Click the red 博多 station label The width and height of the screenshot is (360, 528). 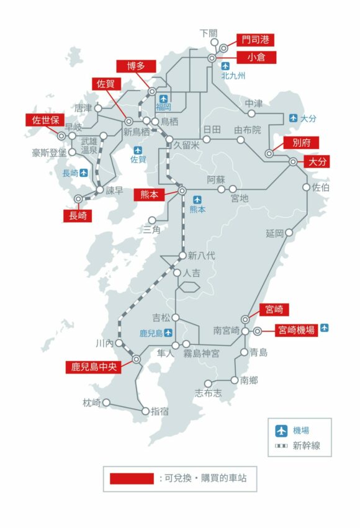click(x=134, y=66)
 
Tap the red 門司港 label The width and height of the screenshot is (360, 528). click(x=256, y=40)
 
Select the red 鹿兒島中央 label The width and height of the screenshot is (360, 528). click(x=91, y=367)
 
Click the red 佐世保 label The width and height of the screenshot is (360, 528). click(x=44, y=120)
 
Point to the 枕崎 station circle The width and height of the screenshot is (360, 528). click(x=106, y=402)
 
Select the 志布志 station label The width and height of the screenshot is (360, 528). click(x=208, y=393)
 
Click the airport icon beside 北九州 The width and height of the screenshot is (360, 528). click(x=226, y=65)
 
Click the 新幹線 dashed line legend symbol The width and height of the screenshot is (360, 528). click(x=281, y=445)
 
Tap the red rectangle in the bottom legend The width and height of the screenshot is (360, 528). click(x=132, y=478)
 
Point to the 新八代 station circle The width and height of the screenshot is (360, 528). click(x=182, y=255)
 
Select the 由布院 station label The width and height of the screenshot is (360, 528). click(x=248, y=130)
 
